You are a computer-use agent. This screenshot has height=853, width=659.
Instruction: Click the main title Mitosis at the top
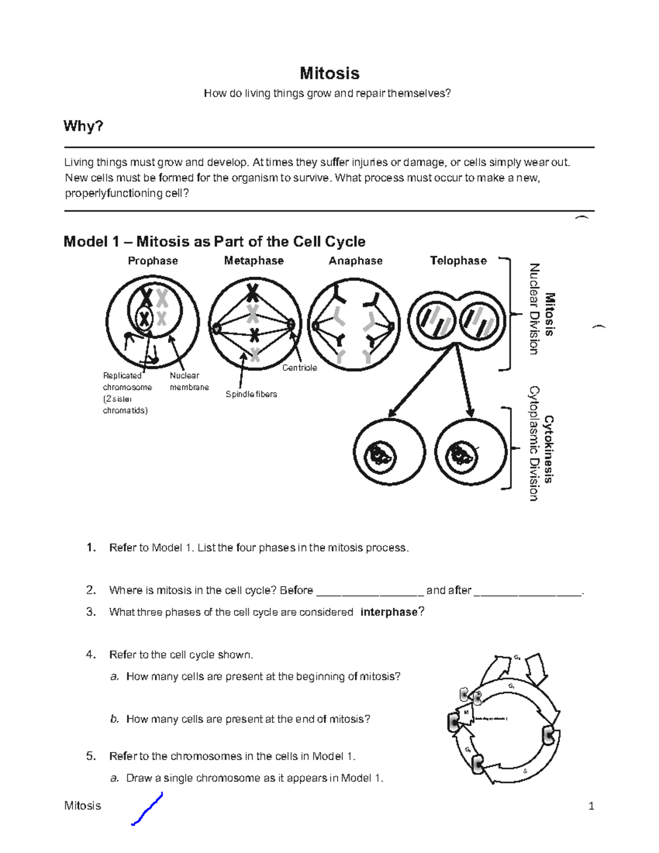[329, 73]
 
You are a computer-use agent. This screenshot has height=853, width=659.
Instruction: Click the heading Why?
[83, 126]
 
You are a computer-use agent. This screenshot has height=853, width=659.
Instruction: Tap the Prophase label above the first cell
[153, 261]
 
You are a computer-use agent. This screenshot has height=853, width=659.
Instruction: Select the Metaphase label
[254, 261]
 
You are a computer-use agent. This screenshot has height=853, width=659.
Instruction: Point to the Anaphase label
[355, 261]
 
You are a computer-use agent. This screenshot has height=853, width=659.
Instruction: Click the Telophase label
[458, 261]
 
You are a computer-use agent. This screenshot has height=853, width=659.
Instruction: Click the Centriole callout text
[299, 368]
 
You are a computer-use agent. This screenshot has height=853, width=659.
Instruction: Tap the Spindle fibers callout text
[251, 394]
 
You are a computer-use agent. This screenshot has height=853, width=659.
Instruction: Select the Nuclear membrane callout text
[189, 381]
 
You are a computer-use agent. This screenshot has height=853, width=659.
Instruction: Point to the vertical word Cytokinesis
[549, 449]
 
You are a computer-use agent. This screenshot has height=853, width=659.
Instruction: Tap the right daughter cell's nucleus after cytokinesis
[460, 455]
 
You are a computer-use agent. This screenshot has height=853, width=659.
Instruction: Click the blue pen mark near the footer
[147, 809]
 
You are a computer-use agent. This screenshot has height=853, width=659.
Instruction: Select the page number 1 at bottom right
[591, 806]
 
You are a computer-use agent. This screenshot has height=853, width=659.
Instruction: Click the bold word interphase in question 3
[389, 612]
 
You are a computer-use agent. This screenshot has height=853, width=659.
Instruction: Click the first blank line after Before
[370, 592]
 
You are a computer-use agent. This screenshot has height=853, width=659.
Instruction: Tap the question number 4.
[91, 655]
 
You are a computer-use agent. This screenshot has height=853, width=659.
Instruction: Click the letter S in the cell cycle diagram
[525, 771]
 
